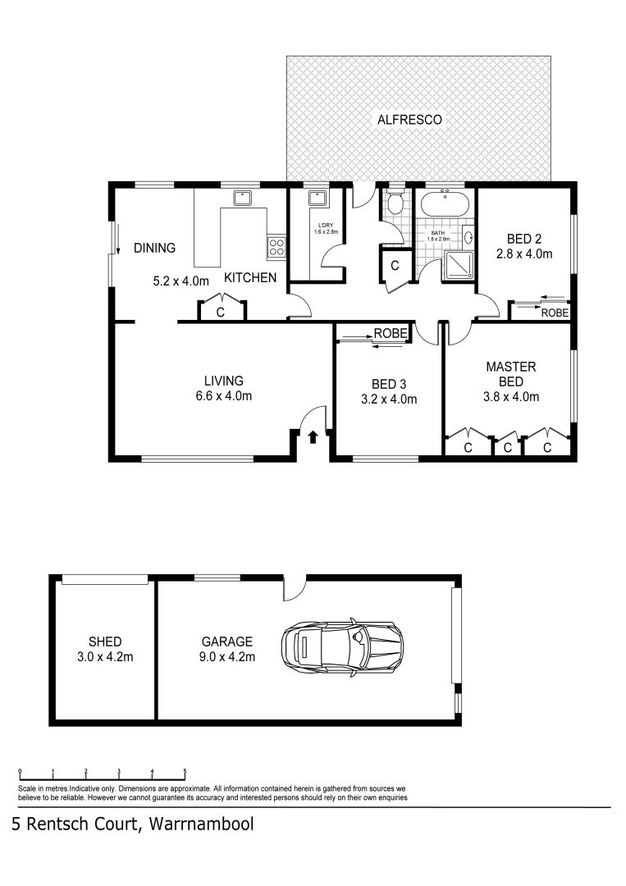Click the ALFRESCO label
tap(409, 120)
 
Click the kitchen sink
tap(241, 198)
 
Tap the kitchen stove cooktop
tap(276, 244)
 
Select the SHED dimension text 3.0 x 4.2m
tap(105, 656)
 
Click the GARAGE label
tap(227, 642)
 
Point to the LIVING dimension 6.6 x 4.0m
tap(223, 396)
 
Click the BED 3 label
tap(389, 384)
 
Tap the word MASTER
tap(510, 366)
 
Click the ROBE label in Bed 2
tap(555, 313)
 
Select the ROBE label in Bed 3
tap(391, 333)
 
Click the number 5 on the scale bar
tap(185, 771)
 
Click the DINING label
tap(155, 248)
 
